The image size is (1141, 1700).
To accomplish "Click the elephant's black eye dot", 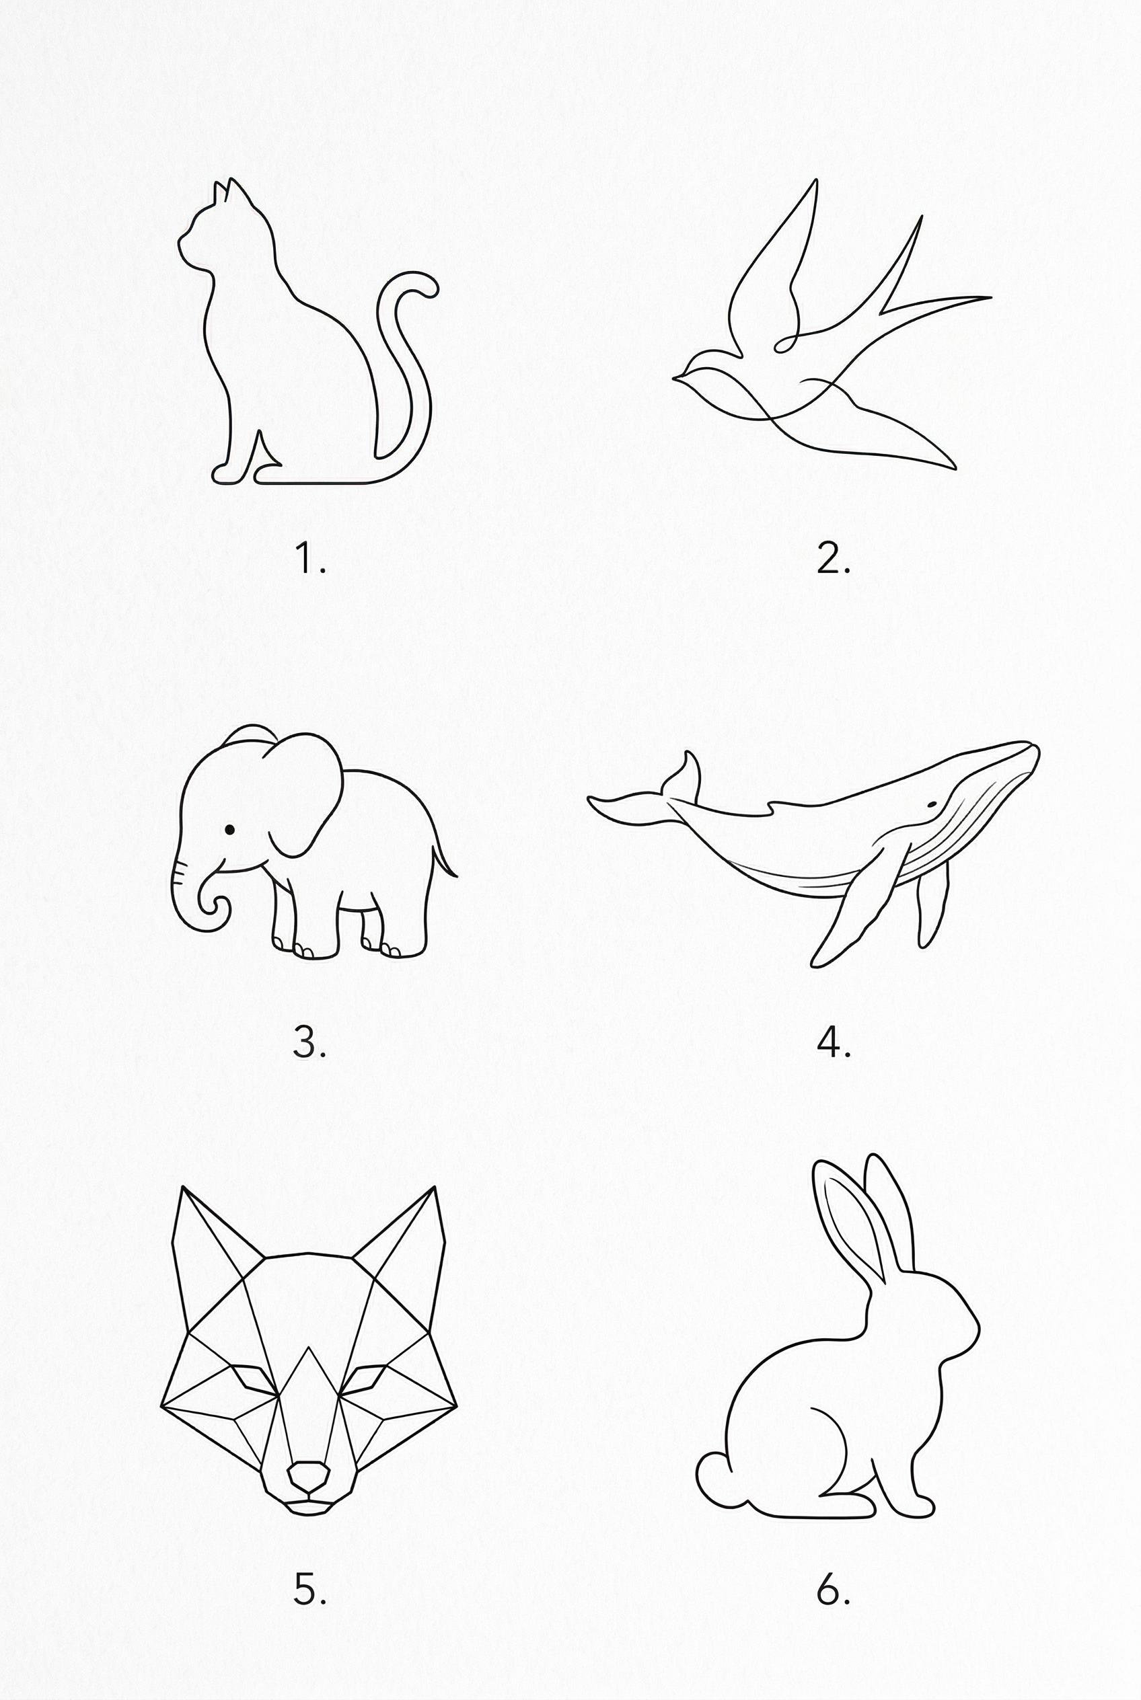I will click(x=230, y=829).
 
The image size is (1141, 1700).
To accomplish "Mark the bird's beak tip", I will click(x=675, y=377).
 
